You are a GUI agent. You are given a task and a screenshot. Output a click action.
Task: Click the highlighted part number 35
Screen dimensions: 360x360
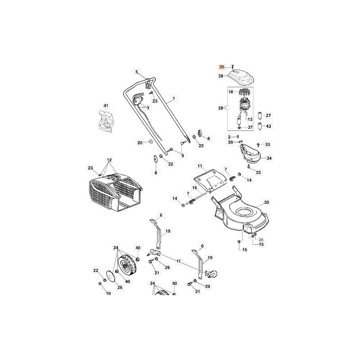point(221,67)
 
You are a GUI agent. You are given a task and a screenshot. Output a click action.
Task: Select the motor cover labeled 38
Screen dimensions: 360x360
point(241,77)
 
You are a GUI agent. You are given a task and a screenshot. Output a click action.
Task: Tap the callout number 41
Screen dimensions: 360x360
point(106,106)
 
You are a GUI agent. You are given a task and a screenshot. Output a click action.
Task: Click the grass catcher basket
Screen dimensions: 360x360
point(115,193)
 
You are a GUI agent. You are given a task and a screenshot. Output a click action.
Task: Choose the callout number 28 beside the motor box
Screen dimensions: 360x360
point(220,108)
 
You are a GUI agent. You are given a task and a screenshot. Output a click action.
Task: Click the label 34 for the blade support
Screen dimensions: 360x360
point(269,158)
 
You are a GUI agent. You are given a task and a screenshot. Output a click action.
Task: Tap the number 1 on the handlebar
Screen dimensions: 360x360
point(174,98)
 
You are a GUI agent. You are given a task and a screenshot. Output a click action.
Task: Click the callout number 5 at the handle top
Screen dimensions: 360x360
point(137,72)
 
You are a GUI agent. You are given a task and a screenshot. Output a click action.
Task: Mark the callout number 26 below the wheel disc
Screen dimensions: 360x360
point(120,287)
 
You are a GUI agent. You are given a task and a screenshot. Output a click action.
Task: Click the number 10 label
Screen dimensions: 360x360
point(108,293)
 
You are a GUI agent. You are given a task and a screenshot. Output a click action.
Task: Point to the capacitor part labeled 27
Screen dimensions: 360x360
point(260,116)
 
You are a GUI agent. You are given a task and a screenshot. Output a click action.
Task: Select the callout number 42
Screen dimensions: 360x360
point(268,126)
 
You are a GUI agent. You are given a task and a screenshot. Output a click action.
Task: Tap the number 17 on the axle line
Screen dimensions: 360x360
point(178,261)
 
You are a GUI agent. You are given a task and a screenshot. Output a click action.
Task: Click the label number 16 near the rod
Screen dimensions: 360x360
point(195,188)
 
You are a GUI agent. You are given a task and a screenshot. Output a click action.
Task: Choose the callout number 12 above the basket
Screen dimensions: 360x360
point(109,160)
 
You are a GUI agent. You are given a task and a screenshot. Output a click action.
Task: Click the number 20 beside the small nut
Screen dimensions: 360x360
point(140,143)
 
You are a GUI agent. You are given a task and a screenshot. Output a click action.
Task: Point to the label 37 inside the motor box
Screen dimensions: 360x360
point(250,127)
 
